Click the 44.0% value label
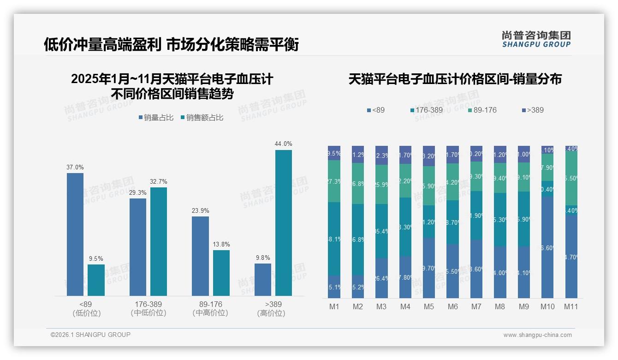tap(284, 144)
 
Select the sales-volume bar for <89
tap(75, 234)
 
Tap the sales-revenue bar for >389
tap(284, 223)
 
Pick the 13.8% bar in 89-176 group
tap(221, 273)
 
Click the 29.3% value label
tap(138, 192)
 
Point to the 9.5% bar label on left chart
tap(96, 258)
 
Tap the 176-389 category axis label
tap(149, 309)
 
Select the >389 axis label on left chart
tap(273, 309)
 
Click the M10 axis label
tap(548, 306)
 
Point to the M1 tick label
tap(334, 306)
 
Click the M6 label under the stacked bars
tap(453, 306)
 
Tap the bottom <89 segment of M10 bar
tap(548, 247)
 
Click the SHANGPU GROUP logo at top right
tap(536, 39)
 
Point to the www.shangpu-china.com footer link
tap(537, 335)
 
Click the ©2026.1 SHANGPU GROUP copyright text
tap(90, 335)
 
